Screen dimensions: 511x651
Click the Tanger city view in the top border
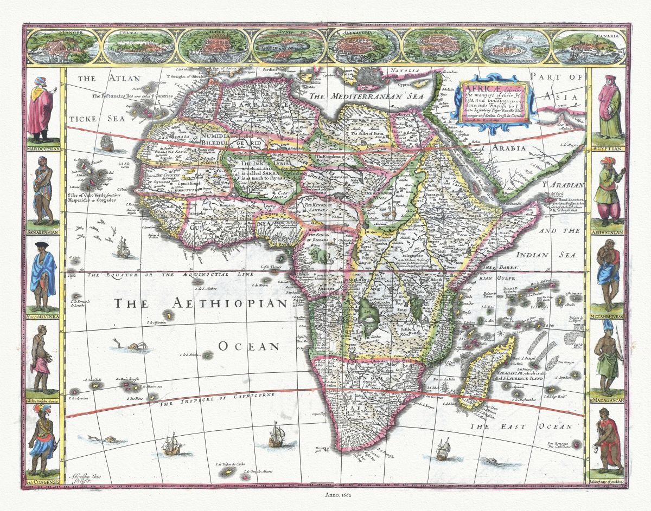[61, 47]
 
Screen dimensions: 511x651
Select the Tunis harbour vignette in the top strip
[287, 47]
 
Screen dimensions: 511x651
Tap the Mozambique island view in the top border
[513, 47]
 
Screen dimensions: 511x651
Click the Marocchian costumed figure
[41, 108]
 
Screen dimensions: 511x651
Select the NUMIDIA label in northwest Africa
[216, 137]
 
